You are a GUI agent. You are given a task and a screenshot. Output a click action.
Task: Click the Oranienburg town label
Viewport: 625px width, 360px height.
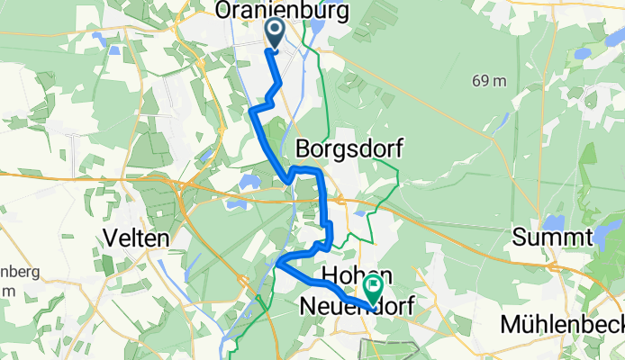click(x=269, y=11)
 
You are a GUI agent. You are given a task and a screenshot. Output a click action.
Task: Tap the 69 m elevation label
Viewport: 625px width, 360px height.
click(x=490, y=81)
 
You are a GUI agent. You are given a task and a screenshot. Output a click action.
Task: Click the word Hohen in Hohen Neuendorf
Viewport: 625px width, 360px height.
click(x=357, y=274)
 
